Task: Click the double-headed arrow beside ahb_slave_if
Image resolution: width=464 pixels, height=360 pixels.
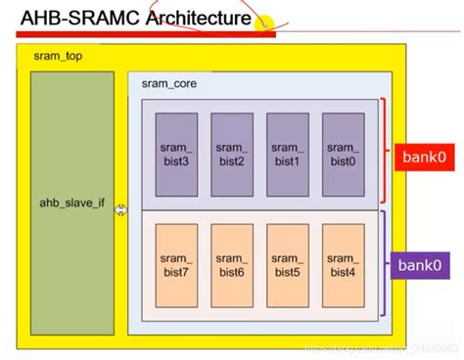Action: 121,209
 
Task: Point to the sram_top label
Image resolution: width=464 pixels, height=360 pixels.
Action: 56,58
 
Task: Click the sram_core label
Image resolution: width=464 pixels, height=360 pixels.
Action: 170,84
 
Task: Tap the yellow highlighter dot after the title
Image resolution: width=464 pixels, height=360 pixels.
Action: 262,22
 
